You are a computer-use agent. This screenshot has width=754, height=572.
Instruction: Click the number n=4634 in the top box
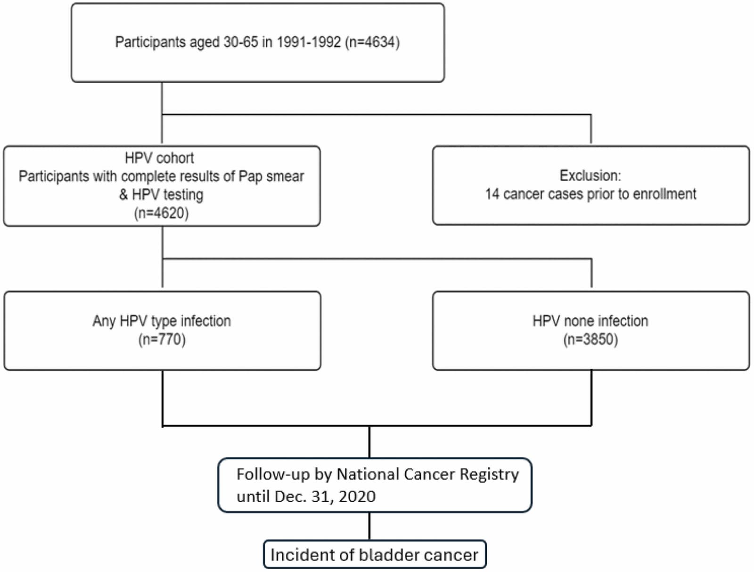pos(372,42)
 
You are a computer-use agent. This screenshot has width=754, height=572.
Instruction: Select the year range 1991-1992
pos(309,42)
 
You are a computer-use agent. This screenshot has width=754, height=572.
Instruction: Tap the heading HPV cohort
pos(159,158)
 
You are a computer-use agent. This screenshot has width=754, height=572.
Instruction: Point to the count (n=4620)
pos(162,213)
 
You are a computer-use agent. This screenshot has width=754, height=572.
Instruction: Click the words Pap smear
pos(271,177)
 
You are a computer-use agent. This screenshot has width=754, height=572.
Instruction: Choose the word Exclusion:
pos(590,176)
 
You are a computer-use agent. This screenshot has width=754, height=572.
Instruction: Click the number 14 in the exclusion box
pos(492,194)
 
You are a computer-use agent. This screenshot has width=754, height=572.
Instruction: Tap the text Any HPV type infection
pos(162,321)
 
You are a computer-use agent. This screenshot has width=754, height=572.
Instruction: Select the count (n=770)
pos(162,340)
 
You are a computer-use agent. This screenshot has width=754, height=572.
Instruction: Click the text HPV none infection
pos(590,321)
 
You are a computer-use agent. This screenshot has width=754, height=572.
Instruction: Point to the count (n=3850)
pos(590,340)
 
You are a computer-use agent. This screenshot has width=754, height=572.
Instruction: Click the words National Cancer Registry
pos(428,474)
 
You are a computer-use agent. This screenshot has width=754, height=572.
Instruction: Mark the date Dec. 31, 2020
pos(325,496)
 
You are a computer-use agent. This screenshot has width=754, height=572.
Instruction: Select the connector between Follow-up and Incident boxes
pos(369,526)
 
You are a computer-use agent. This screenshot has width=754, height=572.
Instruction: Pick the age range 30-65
pos(240,42)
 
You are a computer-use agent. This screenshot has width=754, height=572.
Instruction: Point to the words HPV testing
pos(161,195)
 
